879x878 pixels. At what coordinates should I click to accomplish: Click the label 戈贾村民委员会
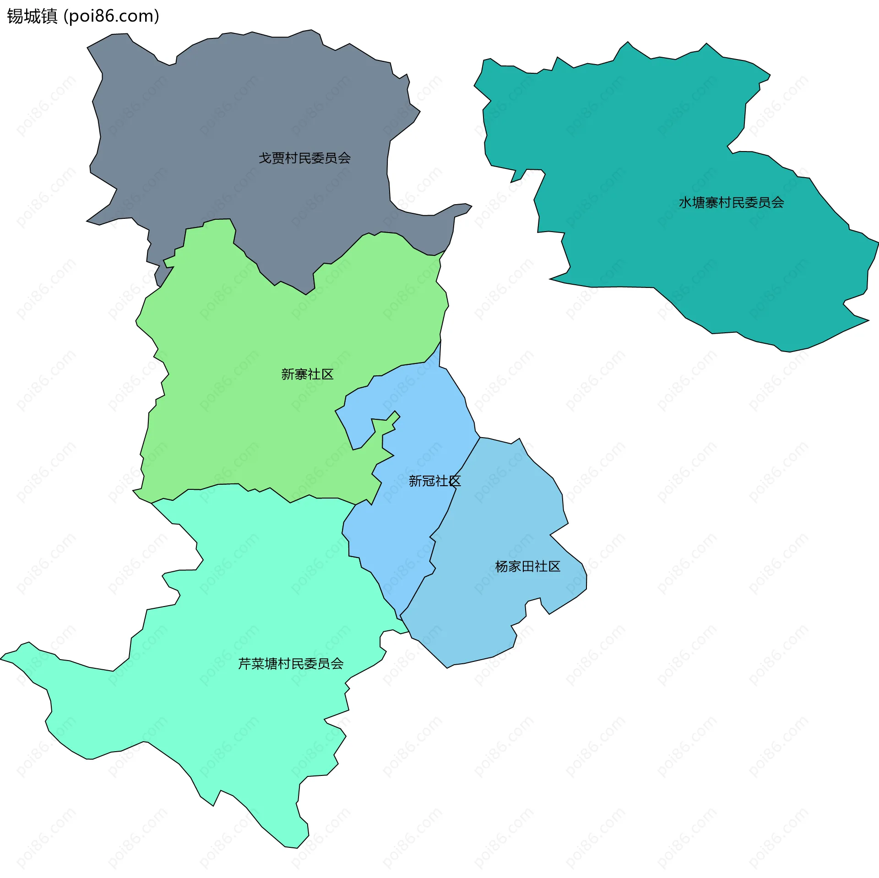tap(304, 158)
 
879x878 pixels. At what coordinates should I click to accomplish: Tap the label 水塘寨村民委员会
tap(731, 203)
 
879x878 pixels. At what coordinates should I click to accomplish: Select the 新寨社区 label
tap(307, 374)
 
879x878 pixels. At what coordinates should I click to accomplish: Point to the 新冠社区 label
tap(434, 481)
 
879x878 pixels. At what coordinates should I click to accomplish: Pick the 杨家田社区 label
tap(527, 567)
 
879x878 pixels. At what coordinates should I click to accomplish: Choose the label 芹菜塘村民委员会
tap(291, 664)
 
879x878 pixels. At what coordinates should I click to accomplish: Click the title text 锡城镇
tap(32, 16)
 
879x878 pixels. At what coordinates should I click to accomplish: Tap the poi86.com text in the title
tap(111, 16)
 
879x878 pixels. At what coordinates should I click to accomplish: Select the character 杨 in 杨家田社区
tap(502, 567)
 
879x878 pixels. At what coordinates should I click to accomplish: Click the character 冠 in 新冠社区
tap(428, 481)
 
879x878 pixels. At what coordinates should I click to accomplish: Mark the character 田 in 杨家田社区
tap(527, 567)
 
